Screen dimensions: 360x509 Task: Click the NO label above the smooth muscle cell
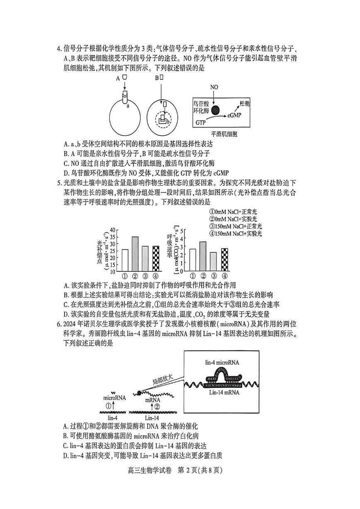click(214, 87)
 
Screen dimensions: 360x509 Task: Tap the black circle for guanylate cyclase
click(216, 110)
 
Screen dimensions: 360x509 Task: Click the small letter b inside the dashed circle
click(168, 122)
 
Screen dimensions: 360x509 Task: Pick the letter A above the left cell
click(118, 78)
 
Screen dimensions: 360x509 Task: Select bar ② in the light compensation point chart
click(135, 253)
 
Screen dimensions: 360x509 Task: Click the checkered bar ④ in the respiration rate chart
click(224, 259)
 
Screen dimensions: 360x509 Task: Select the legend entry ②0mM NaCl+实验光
click(234, 219)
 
